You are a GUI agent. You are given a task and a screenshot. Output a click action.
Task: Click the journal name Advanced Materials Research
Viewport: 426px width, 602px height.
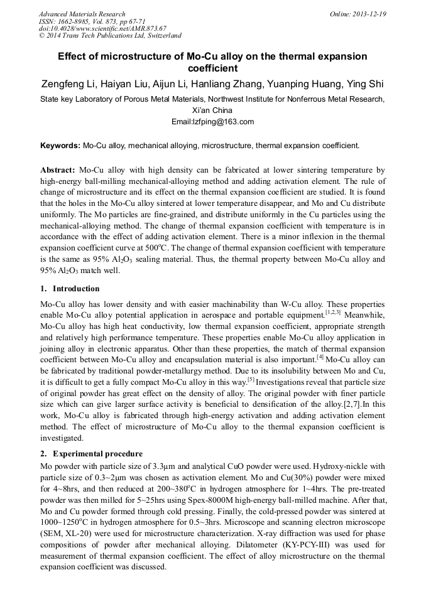[82, 14]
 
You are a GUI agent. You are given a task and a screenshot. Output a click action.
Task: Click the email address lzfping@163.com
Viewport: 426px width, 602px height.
[212, 122]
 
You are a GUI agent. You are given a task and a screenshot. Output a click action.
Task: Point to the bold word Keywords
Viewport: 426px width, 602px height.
[60, 146]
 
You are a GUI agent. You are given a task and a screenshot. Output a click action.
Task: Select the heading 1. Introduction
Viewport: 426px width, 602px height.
[70, 289]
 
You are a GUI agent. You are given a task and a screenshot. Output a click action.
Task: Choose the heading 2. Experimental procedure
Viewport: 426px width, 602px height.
[91, 453]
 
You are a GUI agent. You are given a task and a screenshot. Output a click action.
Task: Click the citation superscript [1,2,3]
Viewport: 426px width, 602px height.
[333, 311]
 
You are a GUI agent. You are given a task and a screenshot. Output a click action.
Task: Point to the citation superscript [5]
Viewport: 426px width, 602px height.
[251, 379]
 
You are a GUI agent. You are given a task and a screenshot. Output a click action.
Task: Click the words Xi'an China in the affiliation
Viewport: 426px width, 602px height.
[212, 110]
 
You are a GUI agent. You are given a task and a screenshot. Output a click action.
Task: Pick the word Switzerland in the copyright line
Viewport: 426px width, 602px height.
[161, 36]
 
